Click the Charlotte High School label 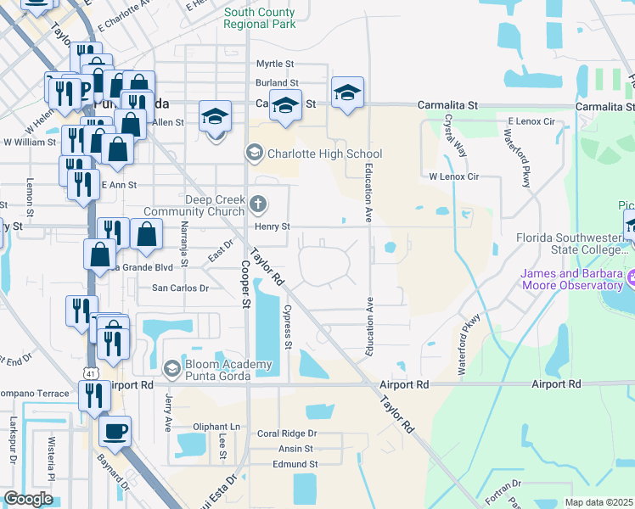[x=324, y=154]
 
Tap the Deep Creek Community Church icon [x=259, y=204]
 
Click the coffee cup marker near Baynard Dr [x=115, y=431]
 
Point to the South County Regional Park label [x=260, y=18]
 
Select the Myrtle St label [x=274, y=64]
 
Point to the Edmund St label [x=295, y=464]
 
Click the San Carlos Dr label [x=179, y=288]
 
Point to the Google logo [x=28, y=499]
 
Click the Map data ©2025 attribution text [x=599, y=502]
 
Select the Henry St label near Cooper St [x=273, y=227]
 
